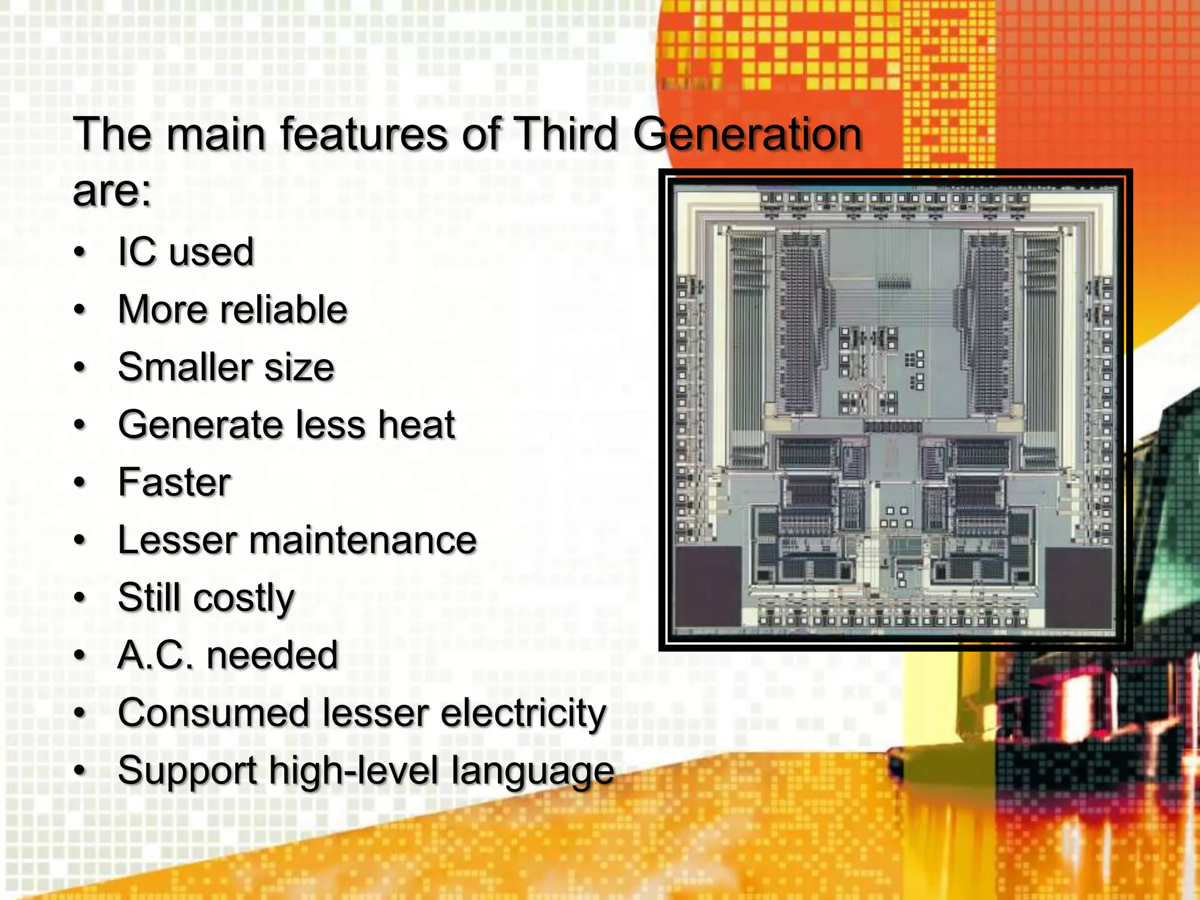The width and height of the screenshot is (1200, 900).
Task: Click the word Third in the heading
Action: pos(565,134)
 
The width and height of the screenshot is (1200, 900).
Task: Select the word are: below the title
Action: pos(112,192)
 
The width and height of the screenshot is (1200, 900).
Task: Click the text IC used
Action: pos(186,253)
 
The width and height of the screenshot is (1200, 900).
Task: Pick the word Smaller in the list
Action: pos(183,367)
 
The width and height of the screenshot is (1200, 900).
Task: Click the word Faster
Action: pos(175,482)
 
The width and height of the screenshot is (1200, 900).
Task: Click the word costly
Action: pos(244,598)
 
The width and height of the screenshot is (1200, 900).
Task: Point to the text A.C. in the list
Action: pos(155,655)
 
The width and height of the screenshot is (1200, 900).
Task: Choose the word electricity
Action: pos(523,713)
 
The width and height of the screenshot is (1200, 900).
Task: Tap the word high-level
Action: pos(353,771)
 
